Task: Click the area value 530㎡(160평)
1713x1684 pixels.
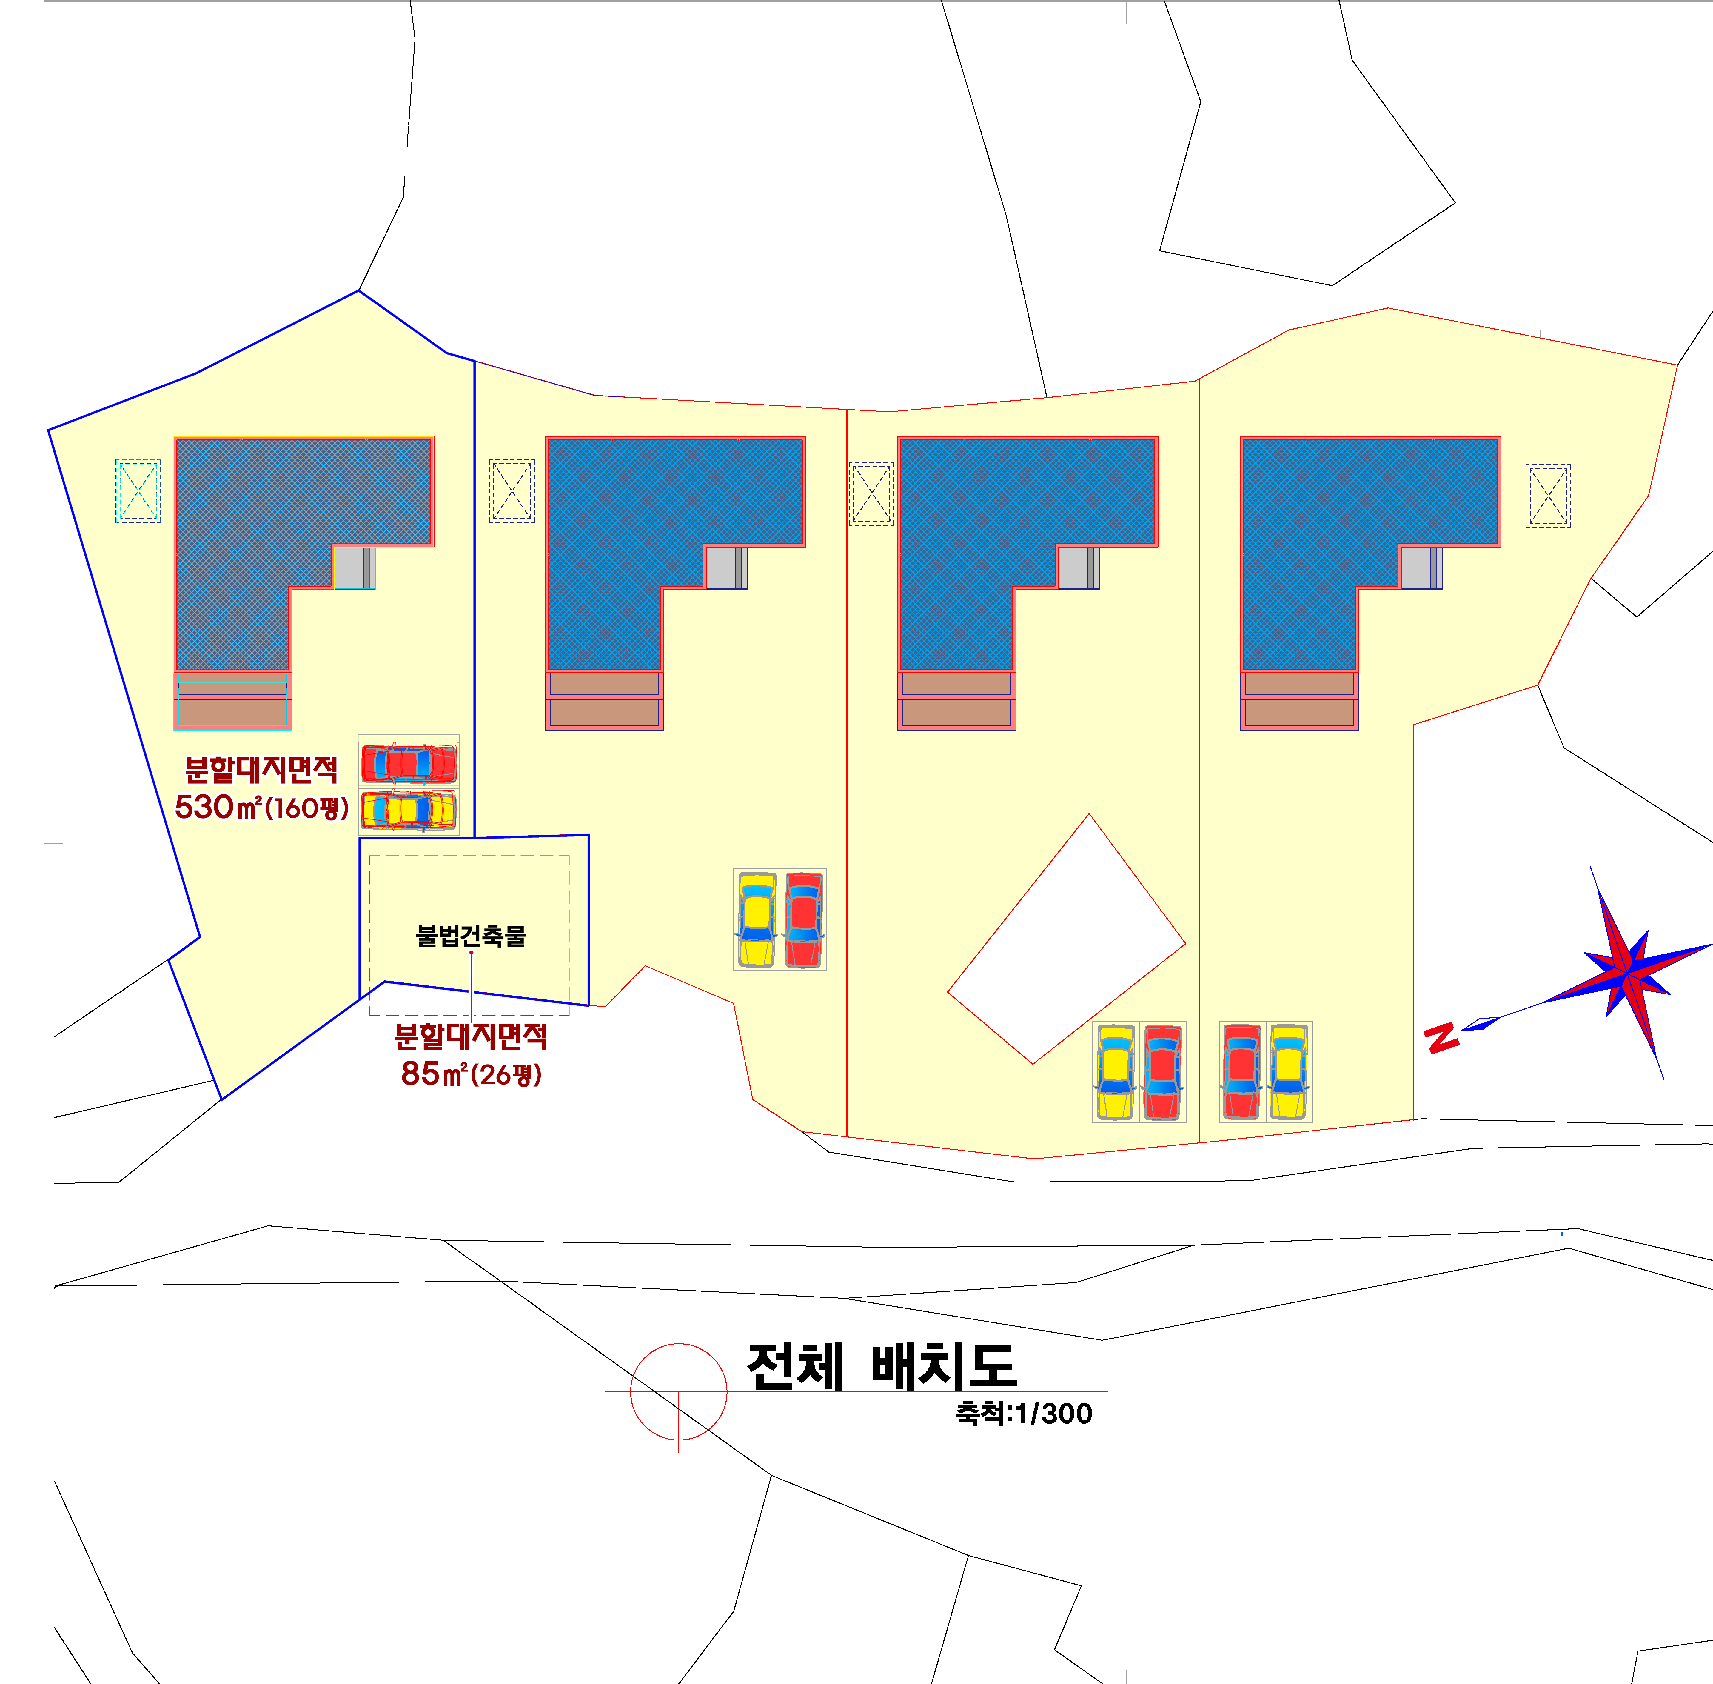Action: (x=262, y=807)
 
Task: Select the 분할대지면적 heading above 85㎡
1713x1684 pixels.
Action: (x=470, y=1036)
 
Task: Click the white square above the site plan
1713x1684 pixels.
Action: (x=818, y=292)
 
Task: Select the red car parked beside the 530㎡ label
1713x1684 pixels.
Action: (x=409, y=763)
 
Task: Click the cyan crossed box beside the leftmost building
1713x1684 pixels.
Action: (x=138, y=491)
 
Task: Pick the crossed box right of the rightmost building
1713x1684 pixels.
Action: (x=1548, y=496)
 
